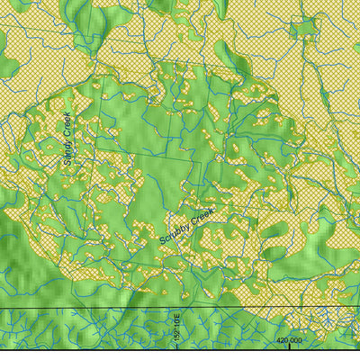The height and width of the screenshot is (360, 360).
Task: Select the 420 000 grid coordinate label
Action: (x=289, y=340)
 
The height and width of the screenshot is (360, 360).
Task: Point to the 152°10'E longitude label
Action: (x=178, y=328)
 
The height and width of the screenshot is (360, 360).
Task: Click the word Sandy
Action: (x=68, y=154)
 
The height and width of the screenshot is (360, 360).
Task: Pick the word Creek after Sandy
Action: (x=67, y=127)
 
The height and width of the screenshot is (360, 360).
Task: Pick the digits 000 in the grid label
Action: (x=296, y=340)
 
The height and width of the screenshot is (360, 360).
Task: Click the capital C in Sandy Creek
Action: (x=67, y=137)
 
